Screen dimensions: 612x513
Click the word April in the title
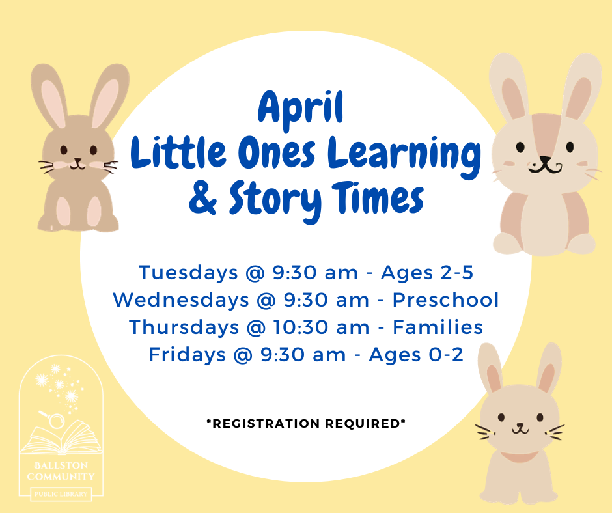[301, 109]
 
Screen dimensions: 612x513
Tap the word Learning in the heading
[404, 156]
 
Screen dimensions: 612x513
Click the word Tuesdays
[188, 273]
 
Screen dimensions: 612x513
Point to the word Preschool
[446, 300]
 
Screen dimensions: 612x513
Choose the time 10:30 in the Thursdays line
[300, 327]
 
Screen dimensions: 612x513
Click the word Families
[438, 327]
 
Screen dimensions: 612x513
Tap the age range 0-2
[446, 355]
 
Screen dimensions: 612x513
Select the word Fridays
[188, 355]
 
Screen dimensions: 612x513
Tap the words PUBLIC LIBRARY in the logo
[61, 494]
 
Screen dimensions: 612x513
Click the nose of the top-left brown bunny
[78, 160]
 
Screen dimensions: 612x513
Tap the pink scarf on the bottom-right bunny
[519, 456]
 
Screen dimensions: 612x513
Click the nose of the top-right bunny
[545, 159]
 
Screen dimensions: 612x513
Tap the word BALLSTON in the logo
[61, 465]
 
